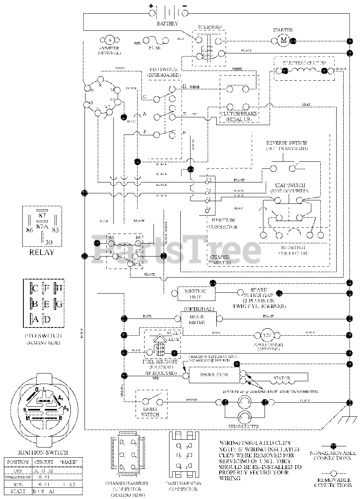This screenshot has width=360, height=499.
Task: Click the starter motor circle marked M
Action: coord(283,40)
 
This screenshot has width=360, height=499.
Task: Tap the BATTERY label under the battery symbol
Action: coord(168,24)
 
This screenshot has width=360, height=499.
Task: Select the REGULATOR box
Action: coord(214,375)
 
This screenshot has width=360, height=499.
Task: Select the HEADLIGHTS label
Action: coord(244,426)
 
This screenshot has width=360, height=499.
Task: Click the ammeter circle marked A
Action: coord(109,40)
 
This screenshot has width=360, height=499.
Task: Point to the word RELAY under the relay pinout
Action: coord(42,252)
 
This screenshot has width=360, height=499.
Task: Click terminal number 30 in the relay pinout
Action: coord(49,242)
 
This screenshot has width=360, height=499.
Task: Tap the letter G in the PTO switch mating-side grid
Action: coord(59,304)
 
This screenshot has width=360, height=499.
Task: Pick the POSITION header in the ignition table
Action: coord(18,462)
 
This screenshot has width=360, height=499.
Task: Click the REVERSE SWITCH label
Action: coord(286,143)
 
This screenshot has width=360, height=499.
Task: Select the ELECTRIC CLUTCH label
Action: coord(304,62)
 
